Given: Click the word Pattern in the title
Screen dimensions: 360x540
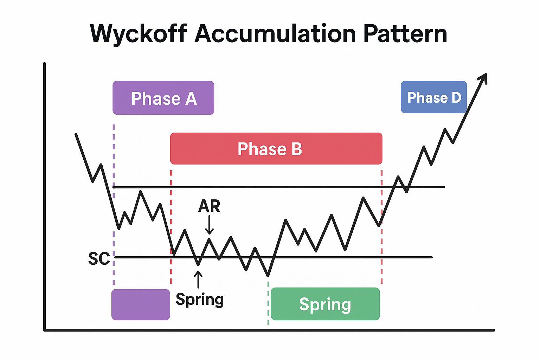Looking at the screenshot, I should (x=405, y=34).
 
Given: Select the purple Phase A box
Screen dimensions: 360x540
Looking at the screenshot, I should (x=163, y=98).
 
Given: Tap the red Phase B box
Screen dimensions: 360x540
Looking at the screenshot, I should (x=276, y=148).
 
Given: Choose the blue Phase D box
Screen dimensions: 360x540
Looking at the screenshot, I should (x=433, y=97).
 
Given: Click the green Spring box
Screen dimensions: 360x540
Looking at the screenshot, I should (x=325, y=304).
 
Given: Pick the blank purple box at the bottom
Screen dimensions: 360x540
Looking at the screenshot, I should (x=141, y=304).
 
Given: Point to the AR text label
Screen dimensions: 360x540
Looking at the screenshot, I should (x=209, y=206).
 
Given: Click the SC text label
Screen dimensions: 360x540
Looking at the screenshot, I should (x=99, y=259).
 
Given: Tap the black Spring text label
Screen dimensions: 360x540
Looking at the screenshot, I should (x=200, y=300).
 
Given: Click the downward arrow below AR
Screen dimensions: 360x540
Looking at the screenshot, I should (x=209, y=225).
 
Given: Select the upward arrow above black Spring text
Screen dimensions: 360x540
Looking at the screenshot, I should (x=198, y=279).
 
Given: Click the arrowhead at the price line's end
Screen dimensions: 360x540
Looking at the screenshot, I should (x=483, y=78).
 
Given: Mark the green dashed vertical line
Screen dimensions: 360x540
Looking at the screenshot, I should (x=269, y=302).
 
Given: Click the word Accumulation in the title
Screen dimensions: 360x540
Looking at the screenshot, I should (x=275, y=34).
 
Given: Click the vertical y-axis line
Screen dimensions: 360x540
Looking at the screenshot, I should (x=45, y=197).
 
